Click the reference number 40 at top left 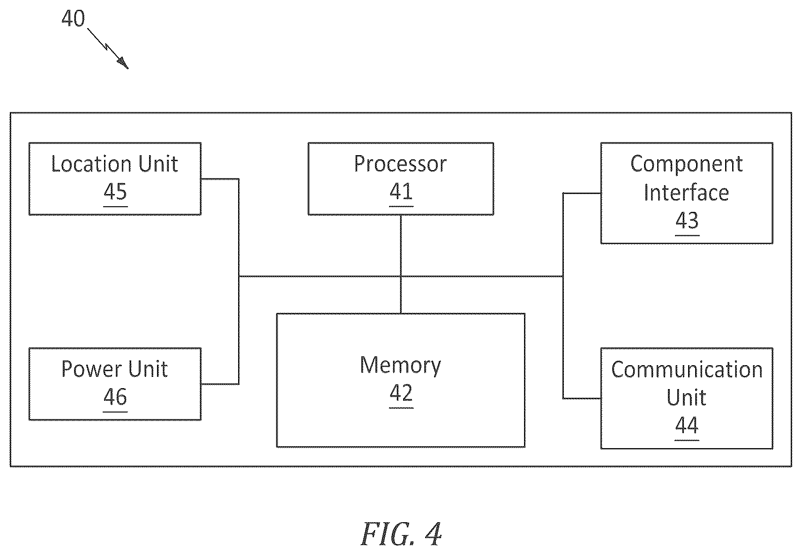(x=73, y=18)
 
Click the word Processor (x=400, y=165)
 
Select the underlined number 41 (x=401, y=192)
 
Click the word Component (x=686, y=165)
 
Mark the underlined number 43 (x=687, y=220)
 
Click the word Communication (x=687, y=369)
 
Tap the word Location (x=91, y=165)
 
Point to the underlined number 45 (x=115, y=192)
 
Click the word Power (x=92, y=369)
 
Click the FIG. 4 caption (x=401, y=534)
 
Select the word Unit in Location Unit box (x=158, y=165)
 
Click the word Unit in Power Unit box (x=148, y=369)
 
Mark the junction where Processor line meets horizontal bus (x=401, y=277)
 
